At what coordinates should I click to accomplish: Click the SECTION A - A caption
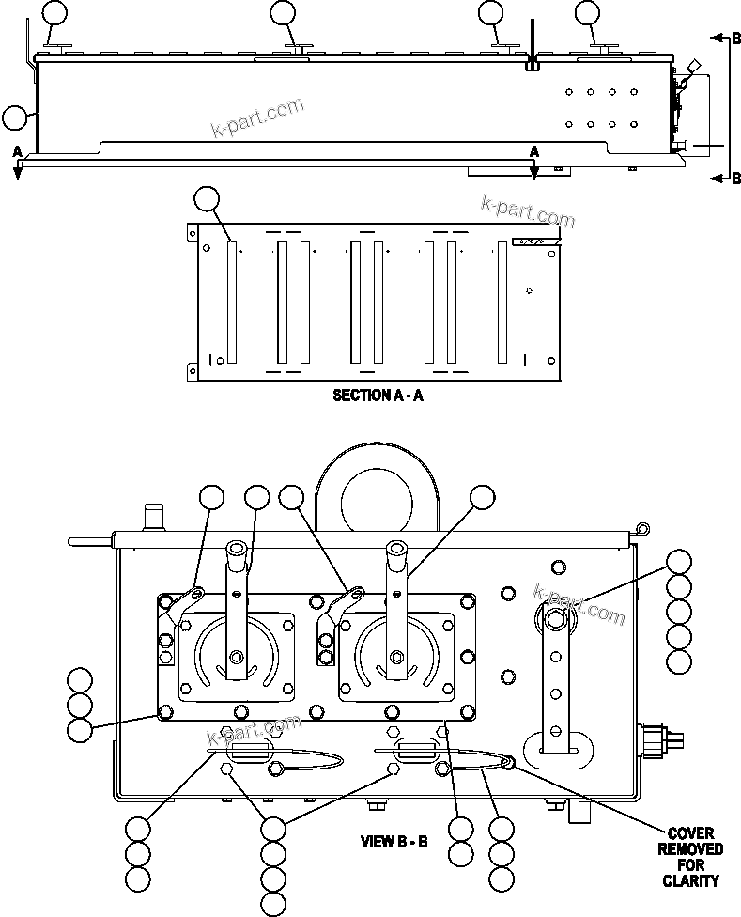378,396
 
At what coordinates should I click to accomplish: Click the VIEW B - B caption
394,841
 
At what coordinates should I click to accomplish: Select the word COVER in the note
691,833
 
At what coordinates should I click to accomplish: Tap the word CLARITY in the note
691,880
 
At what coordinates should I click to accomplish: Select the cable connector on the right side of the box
661,738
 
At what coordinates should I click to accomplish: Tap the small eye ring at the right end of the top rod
641,529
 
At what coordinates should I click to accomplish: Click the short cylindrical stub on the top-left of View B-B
150,518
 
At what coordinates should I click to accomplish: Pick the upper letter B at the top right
736,39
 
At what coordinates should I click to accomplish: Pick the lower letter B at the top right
736,179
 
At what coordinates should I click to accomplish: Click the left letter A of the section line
17,151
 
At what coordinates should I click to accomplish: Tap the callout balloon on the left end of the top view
15,117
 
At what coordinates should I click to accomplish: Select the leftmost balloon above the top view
56,13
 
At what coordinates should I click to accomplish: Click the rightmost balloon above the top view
587,13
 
